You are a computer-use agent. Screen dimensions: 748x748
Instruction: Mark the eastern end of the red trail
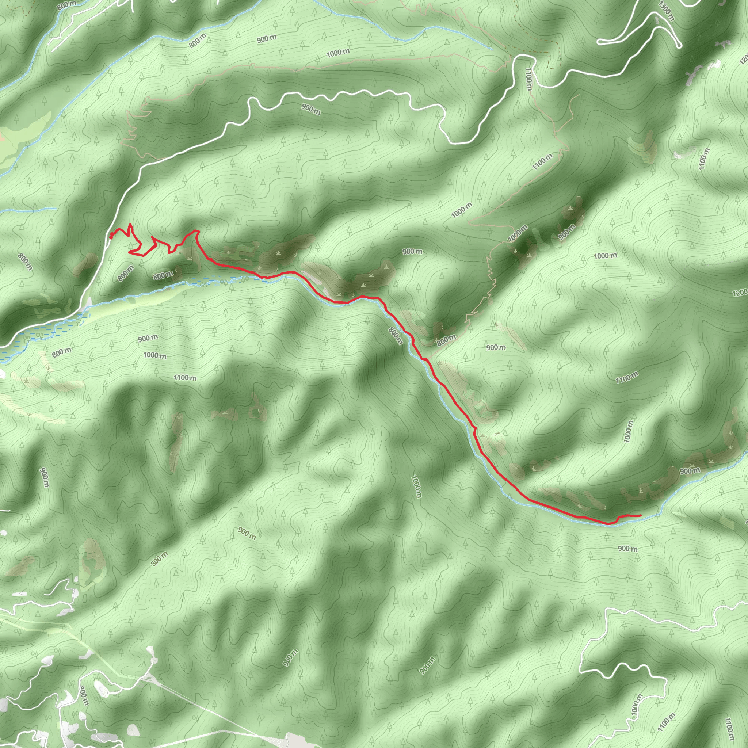640,516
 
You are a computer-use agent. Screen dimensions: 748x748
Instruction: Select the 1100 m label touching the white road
529,79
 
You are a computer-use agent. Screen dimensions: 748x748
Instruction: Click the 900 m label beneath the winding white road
311,109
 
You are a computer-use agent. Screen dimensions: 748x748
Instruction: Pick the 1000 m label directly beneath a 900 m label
155,355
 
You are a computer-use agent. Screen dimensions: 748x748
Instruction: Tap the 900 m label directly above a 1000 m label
148,338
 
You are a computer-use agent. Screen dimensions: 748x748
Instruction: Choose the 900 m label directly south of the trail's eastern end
627,549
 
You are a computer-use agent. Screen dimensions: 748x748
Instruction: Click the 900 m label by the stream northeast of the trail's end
690,471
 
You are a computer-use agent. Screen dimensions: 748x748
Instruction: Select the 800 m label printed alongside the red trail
396,336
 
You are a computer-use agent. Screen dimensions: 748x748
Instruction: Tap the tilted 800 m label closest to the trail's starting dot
125,273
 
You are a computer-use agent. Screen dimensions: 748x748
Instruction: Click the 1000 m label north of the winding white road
338,53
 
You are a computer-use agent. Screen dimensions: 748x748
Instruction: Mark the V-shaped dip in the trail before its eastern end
610,524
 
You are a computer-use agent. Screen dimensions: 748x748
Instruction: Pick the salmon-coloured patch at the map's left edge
2,136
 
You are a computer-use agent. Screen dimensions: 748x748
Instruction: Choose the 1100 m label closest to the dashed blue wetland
185,378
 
